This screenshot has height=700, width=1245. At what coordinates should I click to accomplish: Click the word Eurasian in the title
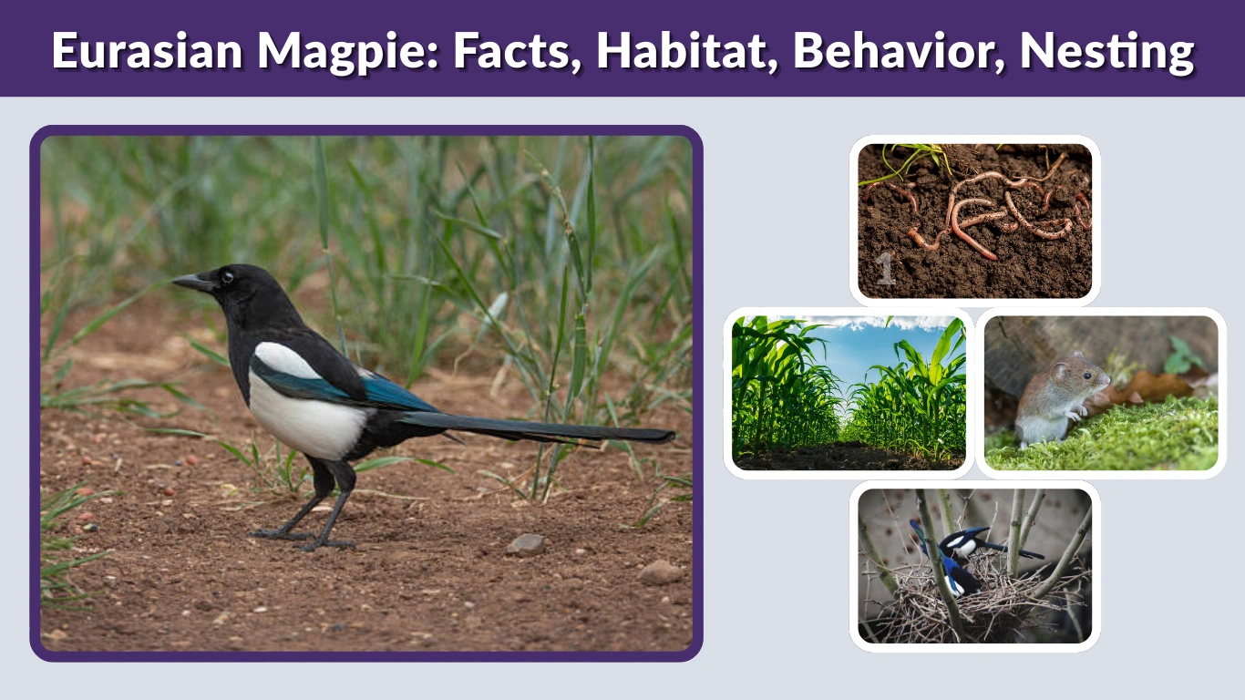(147, 50)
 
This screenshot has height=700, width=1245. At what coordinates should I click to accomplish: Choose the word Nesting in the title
(1106, 50)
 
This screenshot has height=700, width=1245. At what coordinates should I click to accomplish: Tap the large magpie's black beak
(192, 283)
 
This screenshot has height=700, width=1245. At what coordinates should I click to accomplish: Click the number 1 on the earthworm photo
(885, 271)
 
